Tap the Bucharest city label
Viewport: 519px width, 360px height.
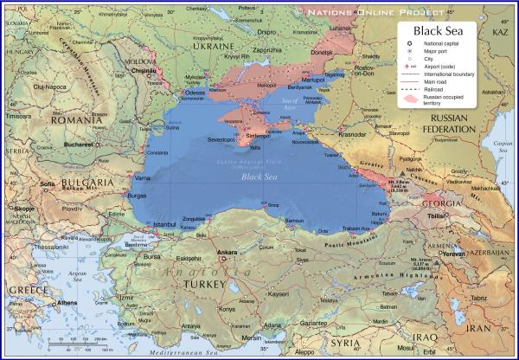[x=78, y=145]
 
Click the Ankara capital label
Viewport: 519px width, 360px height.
[x=226, y=253]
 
